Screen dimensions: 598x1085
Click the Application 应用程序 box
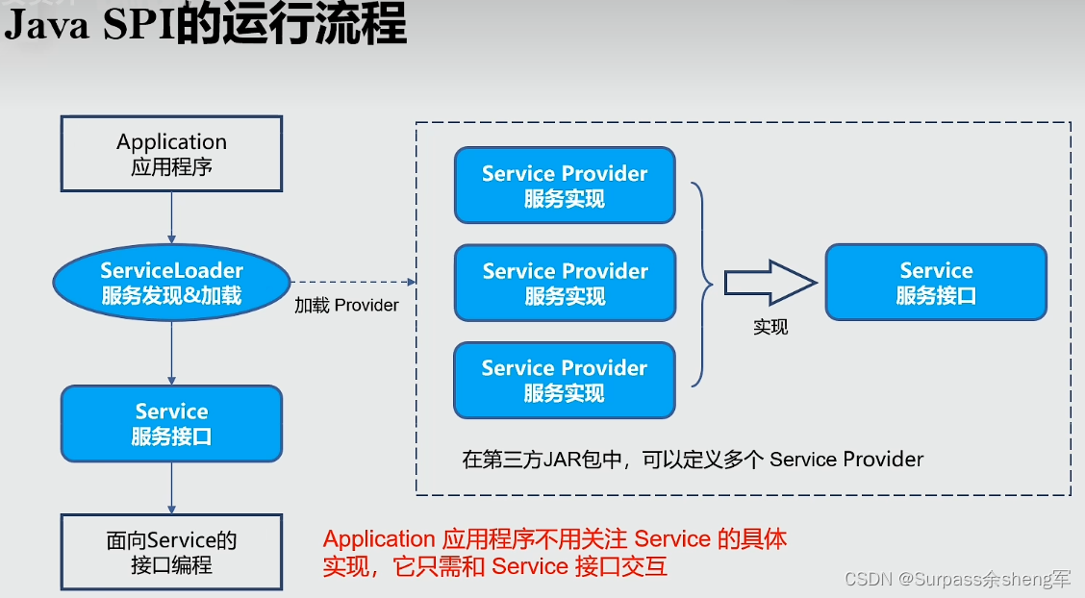tap(171, 154)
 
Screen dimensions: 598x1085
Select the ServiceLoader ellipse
tap(171, 283)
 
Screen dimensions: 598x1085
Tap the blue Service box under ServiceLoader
tap(171, 424)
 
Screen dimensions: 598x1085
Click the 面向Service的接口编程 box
tap(171, 553)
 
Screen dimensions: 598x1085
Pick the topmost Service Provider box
tap(565, 186)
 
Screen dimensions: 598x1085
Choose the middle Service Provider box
tap(565, 283)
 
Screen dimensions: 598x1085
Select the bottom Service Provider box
tap(565, 380)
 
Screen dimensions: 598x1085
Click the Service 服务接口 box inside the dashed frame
tap(936, 283)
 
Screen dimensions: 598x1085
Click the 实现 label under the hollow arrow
tap(770, 327)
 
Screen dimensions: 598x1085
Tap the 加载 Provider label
tap(346, 306)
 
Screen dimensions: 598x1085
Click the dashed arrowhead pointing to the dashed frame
tap(411, 282)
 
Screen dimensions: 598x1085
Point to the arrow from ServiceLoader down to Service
tap(171, 354)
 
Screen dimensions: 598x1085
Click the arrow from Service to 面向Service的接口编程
tap(171, 488)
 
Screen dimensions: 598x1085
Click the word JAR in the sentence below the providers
tap(562, 460)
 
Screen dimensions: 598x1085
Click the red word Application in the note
tap(379, 539)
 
